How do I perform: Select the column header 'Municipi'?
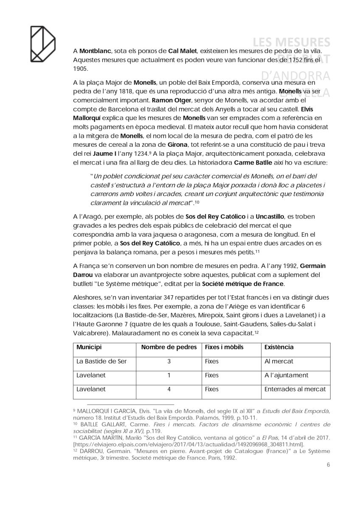[x=89, y=347]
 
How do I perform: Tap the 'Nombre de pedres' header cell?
[x=169, y=347]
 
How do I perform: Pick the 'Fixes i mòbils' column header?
[x=224, y=347]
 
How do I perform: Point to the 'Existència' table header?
[x=279, y=347]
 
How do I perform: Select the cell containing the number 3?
[x=169, y=361]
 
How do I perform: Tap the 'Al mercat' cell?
[x=278, y=361]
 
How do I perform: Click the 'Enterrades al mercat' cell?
[x=295, y=389]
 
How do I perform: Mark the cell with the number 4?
[x=169, y=389]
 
